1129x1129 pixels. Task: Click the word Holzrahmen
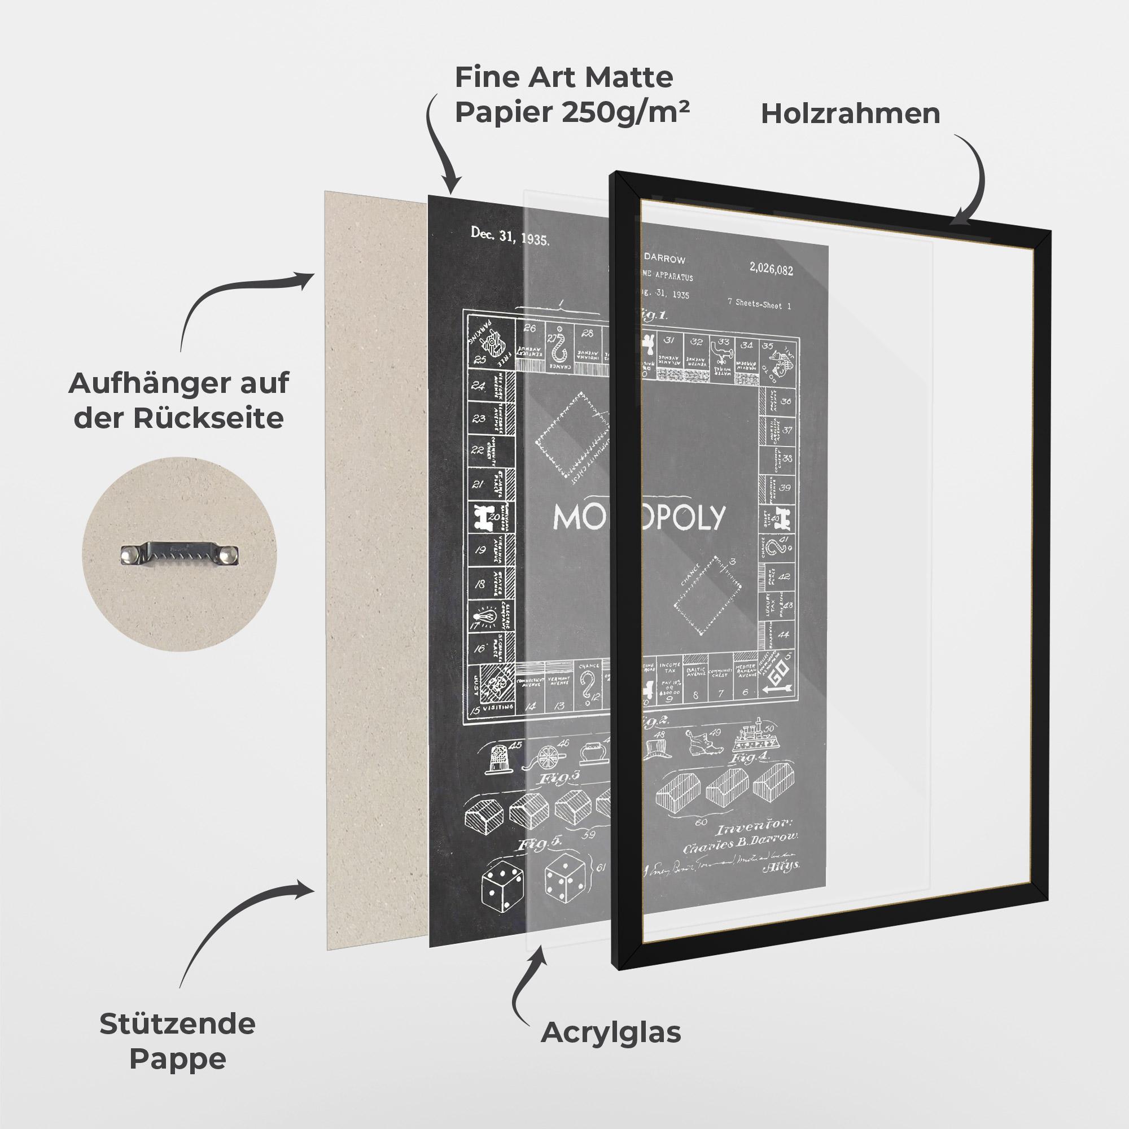850,113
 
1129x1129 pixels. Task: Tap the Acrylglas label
611,1033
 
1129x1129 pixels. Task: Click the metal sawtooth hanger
180,552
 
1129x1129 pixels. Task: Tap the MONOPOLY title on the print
638,517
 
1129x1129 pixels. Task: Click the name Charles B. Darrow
741,847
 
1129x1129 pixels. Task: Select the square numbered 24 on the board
479,386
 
